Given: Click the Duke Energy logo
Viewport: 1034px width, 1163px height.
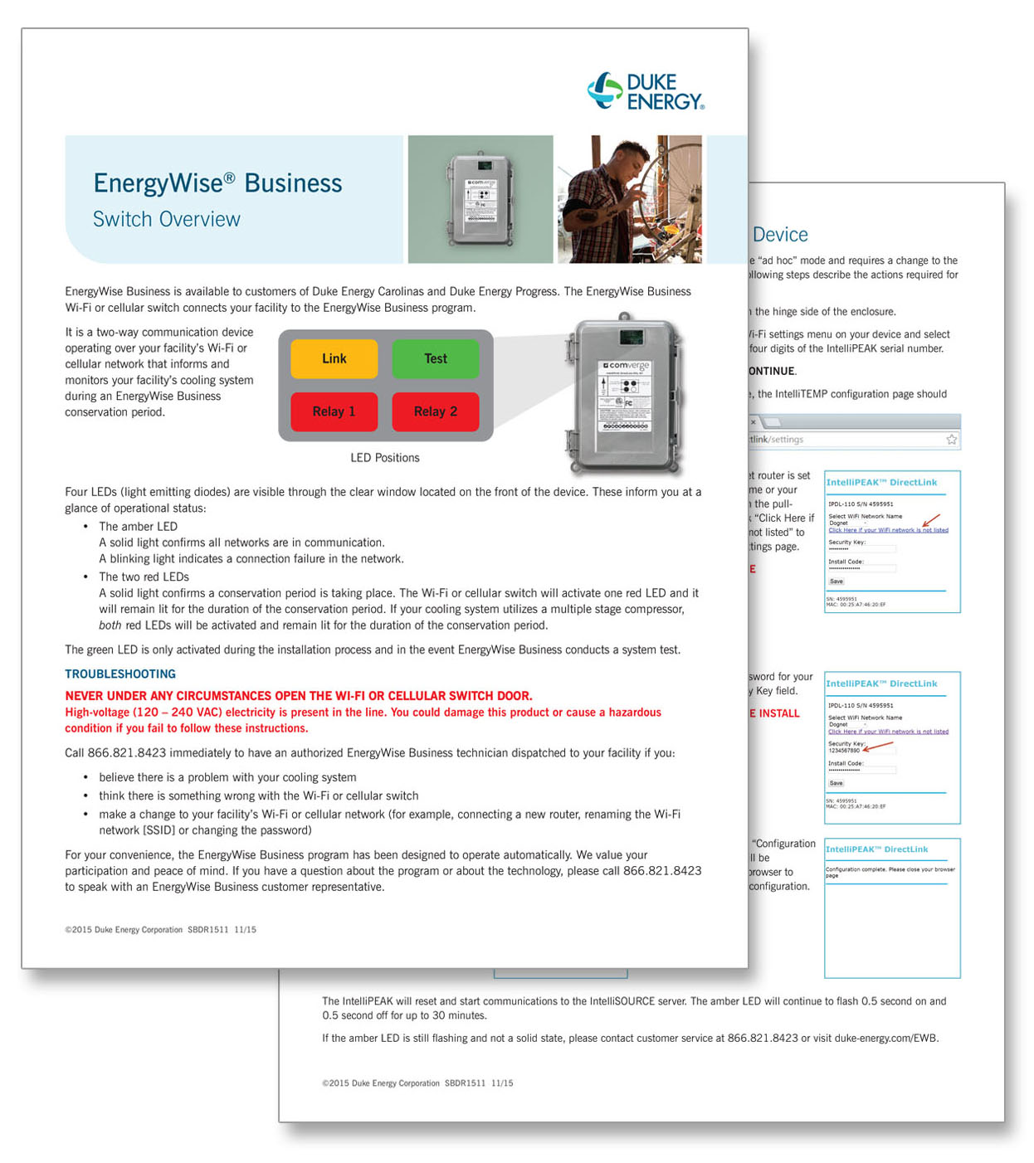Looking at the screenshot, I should pos(646,91).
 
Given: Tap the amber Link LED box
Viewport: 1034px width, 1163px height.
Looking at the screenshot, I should pos(334,358).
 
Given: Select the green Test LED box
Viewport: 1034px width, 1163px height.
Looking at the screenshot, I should pos(435,358).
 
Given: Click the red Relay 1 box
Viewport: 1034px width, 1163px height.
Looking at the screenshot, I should pos(334,411).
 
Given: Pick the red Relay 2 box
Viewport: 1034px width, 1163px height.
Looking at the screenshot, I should pos(435,411).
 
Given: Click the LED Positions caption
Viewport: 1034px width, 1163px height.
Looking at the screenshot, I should pos(384,458).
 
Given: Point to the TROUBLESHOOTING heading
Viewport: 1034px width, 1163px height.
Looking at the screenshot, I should pos(120,674).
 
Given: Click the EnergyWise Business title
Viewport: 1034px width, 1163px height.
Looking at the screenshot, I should pos(217,183).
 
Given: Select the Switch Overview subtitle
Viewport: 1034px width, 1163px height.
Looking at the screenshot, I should pos(166,220).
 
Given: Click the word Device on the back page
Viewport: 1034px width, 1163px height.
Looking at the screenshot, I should pos(780,235).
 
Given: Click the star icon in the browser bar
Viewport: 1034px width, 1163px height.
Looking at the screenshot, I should pos(952,440).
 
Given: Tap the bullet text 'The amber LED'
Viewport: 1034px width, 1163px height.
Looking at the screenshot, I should pos(138,527).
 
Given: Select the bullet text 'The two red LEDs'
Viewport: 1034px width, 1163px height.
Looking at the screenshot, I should pos(144,577).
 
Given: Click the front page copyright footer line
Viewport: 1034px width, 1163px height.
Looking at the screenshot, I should pos(160,930).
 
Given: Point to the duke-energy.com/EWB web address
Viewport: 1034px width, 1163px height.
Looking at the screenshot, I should pos(885,1039).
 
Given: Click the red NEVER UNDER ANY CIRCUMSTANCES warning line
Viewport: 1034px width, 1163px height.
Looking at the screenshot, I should pos(299,696).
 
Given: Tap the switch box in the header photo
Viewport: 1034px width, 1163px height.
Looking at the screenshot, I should pos(480,199).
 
